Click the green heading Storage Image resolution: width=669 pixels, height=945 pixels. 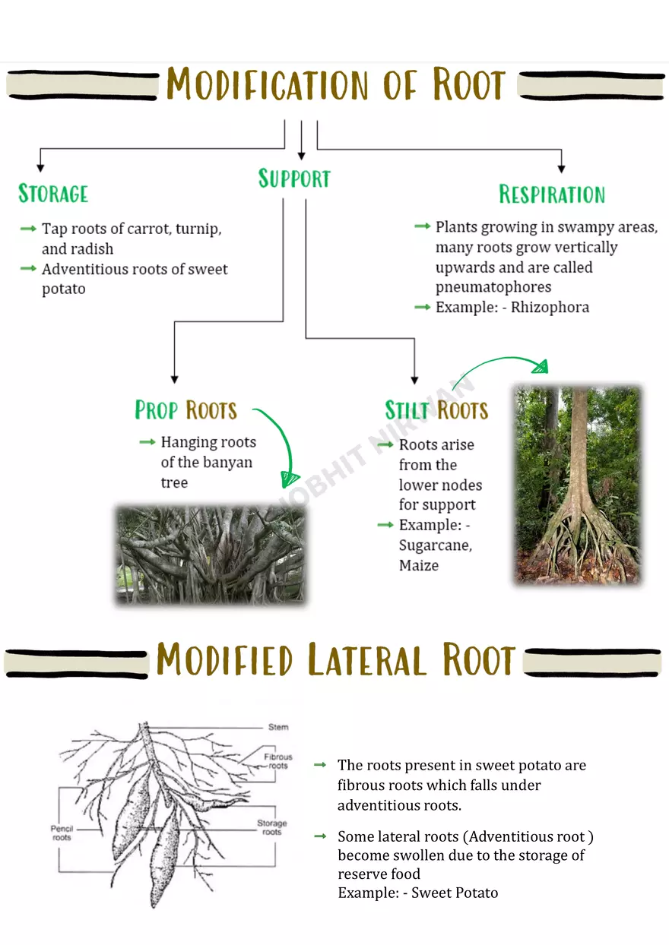[53, 194]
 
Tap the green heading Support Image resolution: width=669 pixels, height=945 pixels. [294, 179]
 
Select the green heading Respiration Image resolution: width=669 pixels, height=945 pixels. [552, 194]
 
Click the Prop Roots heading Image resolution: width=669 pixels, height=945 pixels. [186, 410]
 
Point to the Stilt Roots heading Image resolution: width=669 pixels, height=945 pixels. [436, 411]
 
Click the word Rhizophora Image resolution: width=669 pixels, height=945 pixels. [550, 308]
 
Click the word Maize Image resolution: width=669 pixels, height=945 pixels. [419, 565]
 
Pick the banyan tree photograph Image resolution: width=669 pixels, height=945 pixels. [211, 555]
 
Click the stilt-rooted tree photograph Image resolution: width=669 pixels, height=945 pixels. [578, 485]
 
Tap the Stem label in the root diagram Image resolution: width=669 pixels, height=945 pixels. [278, 727]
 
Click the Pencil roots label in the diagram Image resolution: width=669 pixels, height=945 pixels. [62, 833]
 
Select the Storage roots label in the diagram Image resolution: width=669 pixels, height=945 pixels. [271, 827]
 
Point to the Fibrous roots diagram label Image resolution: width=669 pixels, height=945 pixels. [278, 761]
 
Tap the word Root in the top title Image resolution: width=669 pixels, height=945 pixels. [469, 85]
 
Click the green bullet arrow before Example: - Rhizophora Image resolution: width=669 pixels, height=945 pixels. [422, 307]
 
